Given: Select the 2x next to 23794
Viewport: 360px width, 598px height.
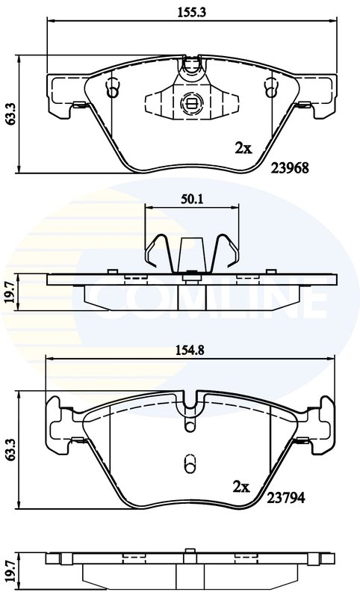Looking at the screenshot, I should (240, 487).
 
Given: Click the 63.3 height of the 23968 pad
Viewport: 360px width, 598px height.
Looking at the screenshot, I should (10, 114).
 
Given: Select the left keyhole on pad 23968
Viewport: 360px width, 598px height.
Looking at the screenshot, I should (113, 89).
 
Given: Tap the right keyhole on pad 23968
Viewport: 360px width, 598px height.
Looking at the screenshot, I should (269, 89).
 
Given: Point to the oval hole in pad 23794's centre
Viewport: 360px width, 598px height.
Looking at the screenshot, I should (189, 461).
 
